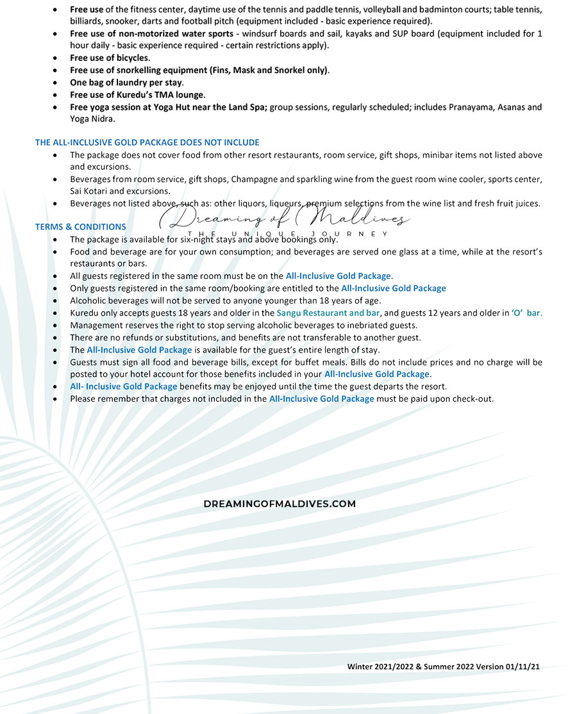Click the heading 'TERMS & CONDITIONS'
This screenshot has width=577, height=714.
click(x=80, y=227)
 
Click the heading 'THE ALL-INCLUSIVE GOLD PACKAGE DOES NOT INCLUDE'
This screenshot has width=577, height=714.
click(x=147, y=142)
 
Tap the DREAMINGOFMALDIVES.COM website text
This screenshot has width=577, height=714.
click(x=280, y=504)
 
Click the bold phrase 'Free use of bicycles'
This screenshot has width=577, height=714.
click(x=109, y=58)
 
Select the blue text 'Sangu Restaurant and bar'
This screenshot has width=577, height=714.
click(x=329, y=313)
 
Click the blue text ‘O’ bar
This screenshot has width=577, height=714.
click(x=527, y=313)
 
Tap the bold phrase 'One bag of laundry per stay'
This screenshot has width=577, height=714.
click(x=126, y=83)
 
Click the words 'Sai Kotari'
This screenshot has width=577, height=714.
click(x=89, y=192)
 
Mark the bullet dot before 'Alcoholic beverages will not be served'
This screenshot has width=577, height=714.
click(x=58, y=301)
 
